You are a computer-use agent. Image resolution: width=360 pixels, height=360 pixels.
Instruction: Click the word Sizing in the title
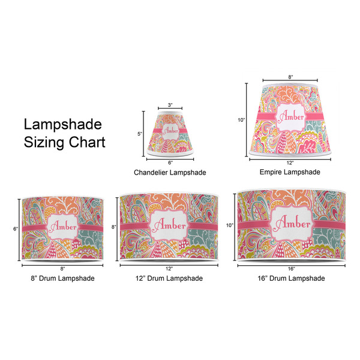click(44, 143)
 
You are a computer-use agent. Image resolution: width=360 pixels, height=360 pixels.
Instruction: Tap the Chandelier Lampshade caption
click(170, 172)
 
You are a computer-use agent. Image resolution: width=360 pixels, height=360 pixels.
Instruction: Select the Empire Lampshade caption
click(290, 172)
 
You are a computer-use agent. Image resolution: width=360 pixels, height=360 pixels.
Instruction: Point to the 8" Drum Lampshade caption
click(62, 278)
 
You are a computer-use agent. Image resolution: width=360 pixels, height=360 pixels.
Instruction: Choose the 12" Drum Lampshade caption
click(169, 278)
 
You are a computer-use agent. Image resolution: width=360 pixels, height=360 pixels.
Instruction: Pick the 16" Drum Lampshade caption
click(291, 278)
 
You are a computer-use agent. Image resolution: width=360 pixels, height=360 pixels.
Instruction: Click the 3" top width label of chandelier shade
click(170, 105)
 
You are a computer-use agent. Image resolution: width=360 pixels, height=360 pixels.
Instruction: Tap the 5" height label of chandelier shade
click(140, 134)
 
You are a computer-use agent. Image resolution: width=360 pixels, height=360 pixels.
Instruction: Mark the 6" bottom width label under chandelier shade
click(170, 163)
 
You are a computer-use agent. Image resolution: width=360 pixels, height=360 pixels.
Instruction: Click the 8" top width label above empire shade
click(290, 77)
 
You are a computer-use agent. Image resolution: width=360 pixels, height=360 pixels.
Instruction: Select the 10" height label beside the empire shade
click(241, 120)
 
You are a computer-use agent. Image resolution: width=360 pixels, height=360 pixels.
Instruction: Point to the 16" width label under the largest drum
click(292, 269)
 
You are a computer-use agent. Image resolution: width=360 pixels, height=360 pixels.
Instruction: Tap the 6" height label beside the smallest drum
click(16, 229)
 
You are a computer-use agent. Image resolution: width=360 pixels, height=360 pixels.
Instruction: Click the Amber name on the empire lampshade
click(291, 117)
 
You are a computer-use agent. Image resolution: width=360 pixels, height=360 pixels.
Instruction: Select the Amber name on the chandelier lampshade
click(170, 131)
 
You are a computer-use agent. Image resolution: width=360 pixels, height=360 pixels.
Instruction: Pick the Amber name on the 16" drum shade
click(293, 223)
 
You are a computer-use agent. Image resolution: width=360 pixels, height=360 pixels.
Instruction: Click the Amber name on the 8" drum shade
click(63, 227)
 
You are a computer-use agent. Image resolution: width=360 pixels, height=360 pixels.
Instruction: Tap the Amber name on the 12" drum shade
click(170, 225)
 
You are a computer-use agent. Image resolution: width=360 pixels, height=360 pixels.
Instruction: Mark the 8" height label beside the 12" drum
click(114, 227)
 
